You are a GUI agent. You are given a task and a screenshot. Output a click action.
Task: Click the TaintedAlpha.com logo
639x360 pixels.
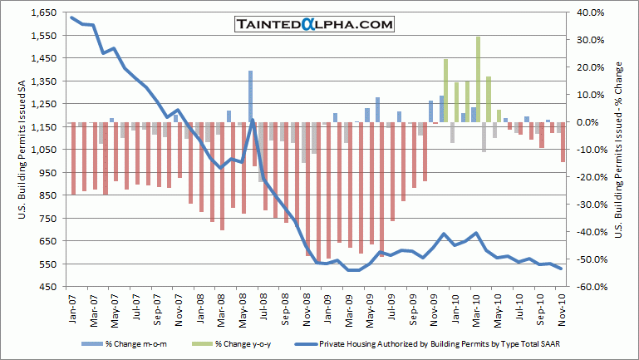(312, 25)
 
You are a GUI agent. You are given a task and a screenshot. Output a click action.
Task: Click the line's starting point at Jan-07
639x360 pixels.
(72, 17)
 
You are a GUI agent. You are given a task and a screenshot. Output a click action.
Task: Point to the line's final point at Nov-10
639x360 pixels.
(561, 269)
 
